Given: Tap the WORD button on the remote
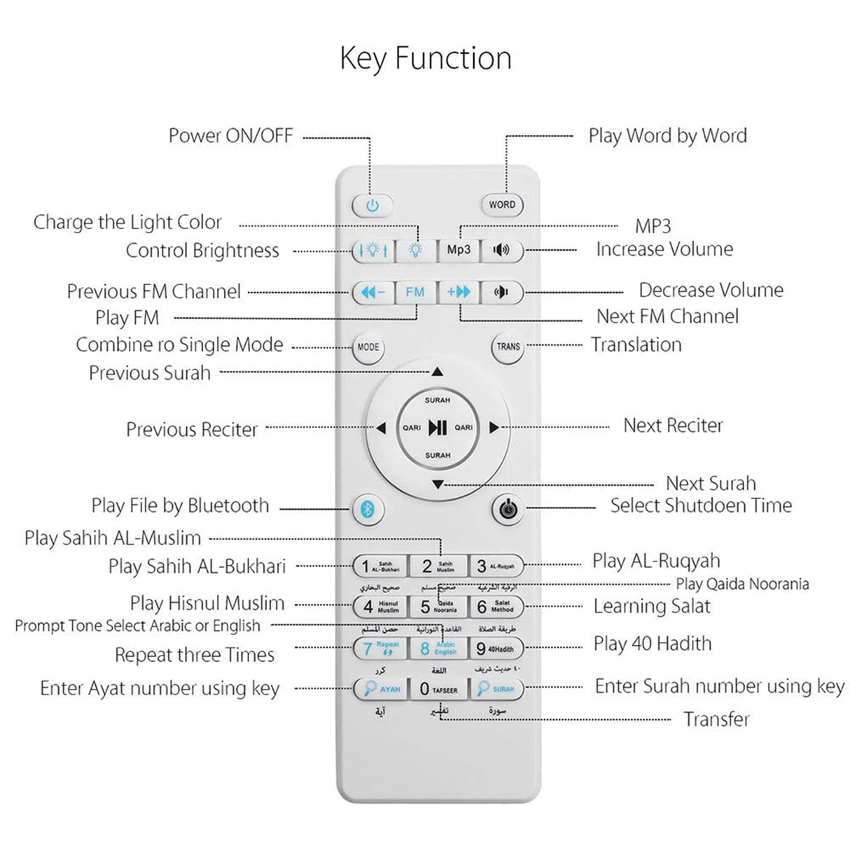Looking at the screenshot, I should click(501, 204).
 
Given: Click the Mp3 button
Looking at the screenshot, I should click(459, 250).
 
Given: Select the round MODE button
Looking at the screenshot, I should click(368, 347).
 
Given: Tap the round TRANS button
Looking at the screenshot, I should click(508, 347).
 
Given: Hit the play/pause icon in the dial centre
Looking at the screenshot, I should click(438, 427).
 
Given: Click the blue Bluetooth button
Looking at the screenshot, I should click(368, 509).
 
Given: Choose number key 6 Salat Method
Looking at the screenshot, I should click(496, 606).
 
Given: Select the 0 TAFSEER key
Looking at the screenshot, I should click(438, 689).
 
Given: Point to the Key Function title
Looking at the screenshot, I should click(425, 58).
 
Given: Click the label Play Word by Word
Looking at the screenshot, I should click(667, 135).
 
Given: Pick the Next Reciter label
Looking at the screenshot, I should click(673, 426).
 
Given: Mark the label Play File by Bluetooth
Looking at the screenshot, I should click(180, 506).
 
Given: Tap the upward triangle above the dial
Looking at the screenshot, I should click(438, 372).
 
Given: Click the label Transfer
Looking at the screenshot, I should click(716, 719).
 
